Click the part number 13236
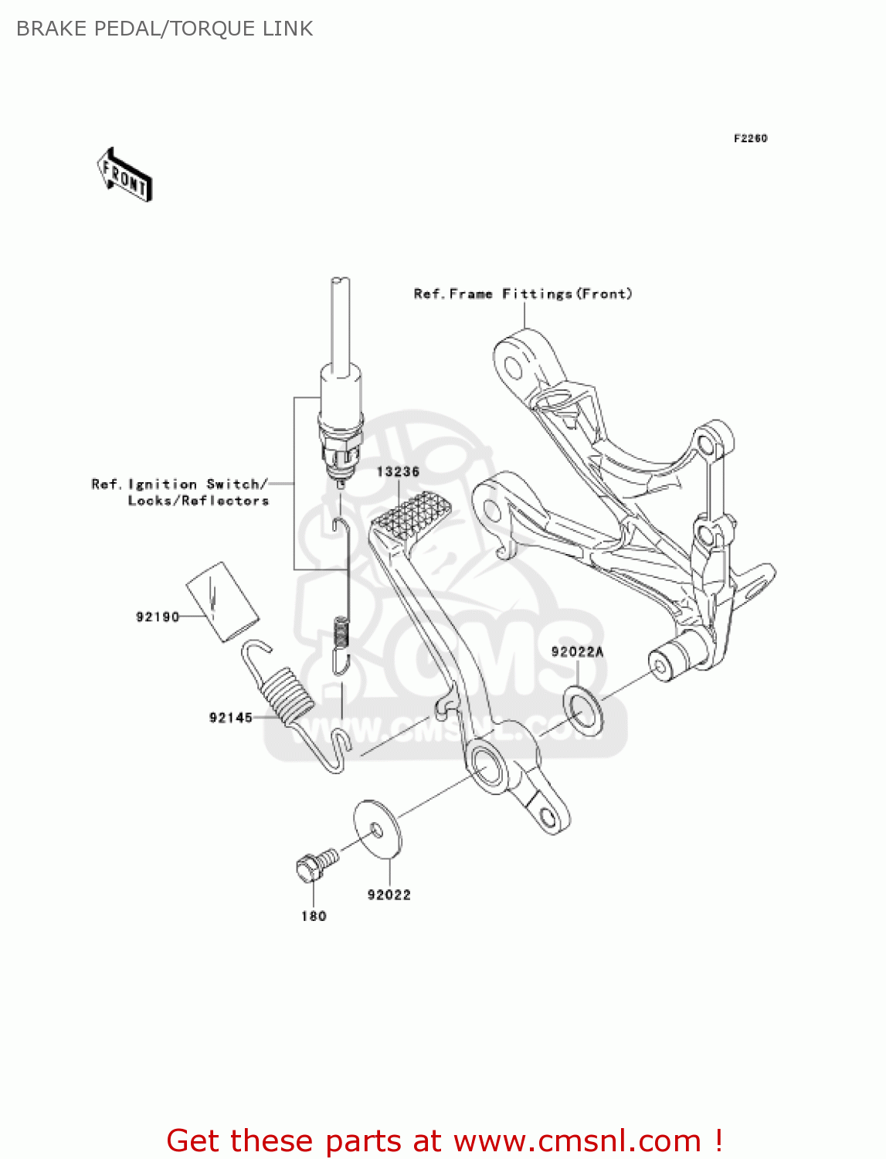coord(398,471)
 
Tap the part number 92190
coord(158,617)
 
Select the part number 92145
coord(231,718)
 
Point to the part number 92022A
coord(577,652)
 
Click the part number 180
coord(314,916)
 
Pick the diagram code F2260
coord(750,138)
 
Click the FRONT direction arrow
coord(124,175)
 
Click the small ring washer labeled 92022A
coord(583,710)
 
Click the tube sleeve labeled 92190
coord(222,601)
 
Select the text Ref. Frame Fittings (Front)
coord(523,294)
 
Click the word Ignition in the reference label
coord(162,484)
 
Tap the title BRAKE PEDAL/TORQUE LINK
coord(165,29)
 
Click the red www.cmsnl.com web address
coord(577,1140)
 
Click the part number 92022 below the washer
coord(389,895)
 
